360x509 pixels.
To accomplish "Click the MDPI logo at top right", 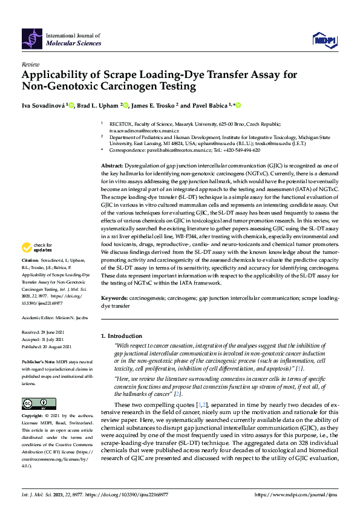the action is [x=324, y=40].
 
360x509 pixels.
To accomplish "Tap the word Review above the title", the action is [x=30, y=63].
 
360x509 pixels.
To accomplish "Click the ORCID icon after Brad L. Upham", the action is [x=126, y=105].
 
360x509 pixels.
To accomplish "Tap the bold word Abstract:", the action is [x=113, y=166].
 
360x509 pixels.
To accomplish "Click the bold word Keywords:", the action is [x=114, y=299].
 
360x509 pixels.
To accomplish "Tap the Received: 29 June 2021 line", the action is [x=47, y=332].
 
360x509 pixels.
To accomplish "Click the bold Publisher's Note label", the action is [x=38, y=361].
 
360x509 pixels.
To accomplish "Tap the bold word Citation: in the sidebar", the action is [x=31, y=277].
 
